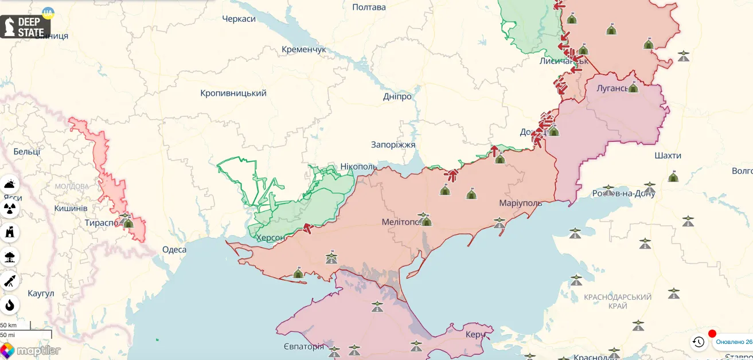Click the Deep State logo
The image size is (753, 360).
25,26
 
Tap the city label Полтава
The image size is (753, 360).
369,7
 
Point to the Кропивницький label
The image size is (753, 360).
233,93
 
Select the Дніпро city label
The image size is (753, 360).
397,96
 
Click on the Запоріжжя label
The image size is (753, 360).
393,144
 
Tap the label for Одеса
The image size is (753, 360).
174,249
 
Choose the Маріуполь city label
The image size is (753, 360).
521,204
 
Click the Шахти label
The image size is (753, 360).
668,155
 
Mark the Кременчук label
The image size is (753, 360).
303,49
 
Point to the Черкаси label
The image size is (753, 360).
239,19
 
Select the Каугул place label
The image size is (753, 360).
41,294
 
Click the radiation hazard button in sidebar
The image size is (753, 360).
10,208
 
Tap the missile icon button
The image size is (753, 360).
10,281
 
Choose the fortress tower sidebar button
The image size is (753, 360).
10,233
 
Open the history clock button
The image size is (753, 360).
698,342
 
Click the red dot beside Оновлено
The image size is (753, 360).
712,334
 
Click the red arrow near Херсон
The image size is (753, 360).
308,228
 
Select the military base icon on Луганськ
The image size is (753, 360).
633,87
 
